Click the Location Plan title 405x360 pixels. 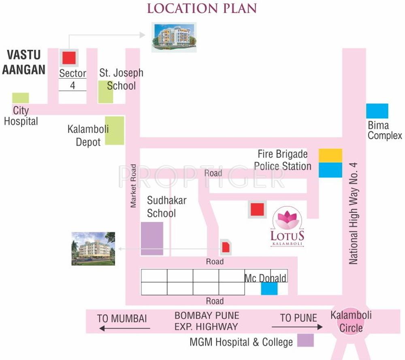tap(202, 9)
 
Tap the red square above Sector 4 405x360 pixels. tap(68, 58)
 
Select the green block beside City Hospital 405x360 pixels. tap(20, 98)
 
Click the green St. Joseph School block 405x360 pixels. tap(105, 92)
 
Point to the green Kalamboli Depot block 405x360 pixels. tap(115, 130)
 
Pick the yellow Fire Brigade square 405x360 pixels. tap(330, 155)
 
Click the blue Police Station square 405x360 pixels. tap(330, 170)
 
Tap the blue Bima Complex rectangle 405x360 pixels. tap(377, 111)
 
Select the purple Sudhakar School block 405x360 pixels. tap(152, 239)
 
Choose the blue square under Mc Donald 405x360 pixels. tap(269, 288)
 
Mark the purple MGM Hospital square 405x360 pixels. tap(305, 341)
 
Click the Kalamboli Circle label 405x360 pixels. tap(351, 322)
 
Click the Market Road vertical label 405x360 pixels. tap(133, 185)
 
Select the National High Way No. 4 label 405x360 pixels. tap(354, 213)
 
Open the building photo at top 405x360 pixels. tap(174, 37)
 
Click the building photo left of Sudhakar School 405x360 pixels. tap(93, 249)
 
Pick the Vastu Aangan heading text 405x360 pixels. tap(24, 62)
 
